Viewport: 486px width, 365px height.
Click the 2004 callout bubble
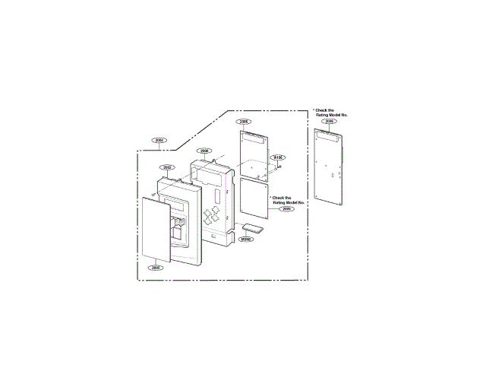[x=159, y=140]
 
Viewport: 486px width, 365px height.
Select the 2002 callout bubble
[x=167, y=167]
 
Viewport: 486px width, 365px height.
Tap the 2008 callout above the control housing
[x=204, y=151]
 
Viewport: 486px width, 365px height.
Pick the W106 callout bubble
[x=277, y=157]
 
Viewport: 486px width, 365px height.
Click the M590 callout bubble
[x=246, y=239]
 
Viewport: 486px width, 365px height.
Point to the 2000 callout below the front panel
[x=156, y=268]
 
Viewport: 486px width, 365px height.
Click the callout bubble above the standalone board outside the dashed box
[x=329, y=121]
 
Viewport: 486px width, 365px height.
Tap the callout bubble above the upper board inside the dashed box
[x=244, y=121]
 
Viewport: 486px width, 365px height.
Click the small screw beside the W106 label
[x=281, y=167]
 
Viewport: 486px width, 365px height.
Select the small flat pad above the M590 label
[x=253, y=227]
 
